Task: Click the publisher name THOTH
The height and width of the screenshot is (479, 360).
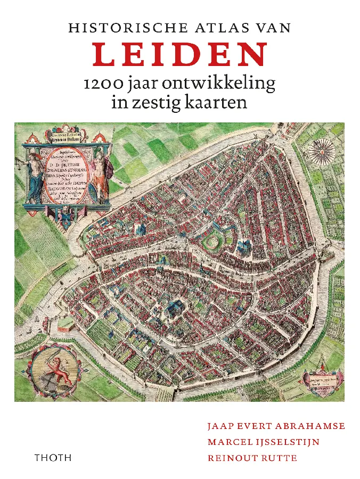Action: [x=52, y=458]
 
